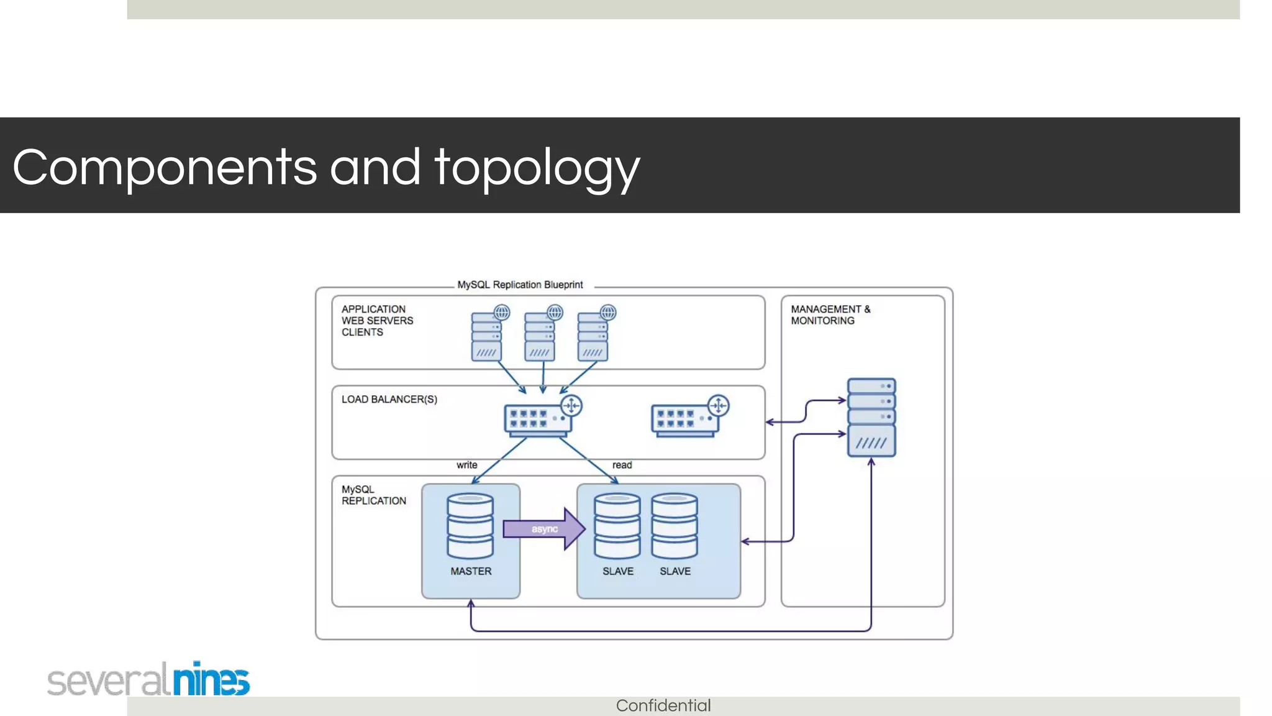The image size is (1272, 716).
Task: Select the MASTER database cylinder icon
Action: pyautogui.click(x=470, y=526)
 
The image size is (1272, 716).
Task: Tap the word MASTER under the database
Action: pyautogui.click(x=471, y=571)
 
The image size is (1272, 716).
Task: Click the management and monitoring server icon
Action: pyautogui.click(x=871, y=418)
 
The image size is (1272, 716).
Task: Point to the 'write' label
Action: pyautogui.click(x=467, y=465)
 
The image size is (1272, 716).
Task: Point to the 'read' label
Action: pyautogui.click(x=622, y=465)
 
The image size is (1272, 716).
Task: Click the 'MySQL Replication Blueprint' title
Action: pyautogui.click(x=520, y=285)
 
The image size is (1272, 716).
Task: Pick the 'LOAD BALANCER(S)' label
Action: pyautogui.click(x=389, y=399)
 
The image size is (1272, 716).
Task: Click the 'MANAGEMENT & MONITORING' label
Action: pyautogui.click(x=830, y=314)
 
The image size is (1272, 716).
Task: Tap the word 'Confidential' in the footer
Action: pyautogui.click(x=663, y=705)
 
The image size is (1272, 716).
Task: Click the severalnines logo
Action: pyautogui.click(x=149, y=679)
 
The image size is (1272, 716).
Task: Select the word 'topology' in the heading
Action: pyautogui.click(x=537, y=167)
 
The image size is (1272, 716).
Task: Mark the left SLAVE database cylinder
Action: pyautogui.click(x=617, y=526)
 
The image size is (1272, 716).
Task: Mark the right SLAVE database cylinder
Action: pyautogui.click(x=675, y=526)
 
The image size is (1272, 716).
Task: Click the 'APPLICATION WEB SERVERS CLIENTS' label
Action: pyautogui.click(x=377, y=321)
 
